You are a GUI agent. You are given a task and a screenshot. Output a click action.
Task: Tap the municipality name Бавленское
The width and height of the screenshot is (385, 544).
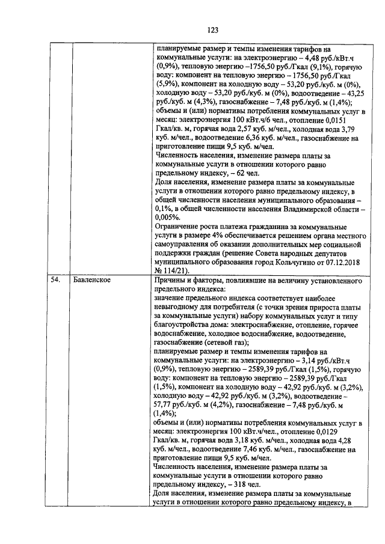[x=90, y=280]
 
